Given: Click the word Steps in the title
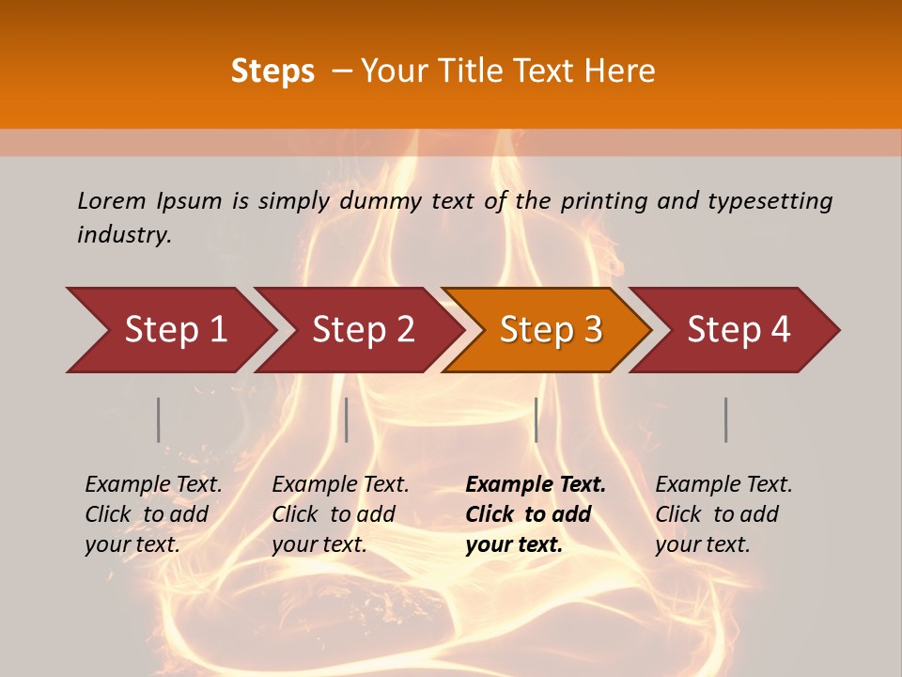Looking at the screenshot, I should click(x=272, y=71).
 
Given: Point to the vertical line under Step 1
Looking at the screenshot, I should click(x=159, y=419).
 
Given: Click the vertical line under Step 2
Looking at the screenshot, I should click(x=347, y=419).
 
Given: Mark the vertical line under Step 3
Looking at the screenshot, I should click(x=536, y=419).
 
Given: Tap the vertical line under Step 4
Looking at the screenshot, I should click(x=725, y=419).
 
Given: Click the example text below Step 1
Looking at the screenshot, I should click(x=153, y=514).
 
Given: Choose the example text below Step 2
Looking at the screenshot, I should click(x=340, y=514).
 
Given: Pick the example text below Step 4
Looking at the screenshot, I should click(x=723, y=514).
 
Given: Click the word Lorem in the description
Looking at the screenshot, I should click(x=111, y=200).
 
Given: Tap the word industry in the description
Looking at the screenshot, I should click(x=123, y=235).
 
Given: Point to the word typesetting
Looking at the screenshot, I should click(x=770, y=200).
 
